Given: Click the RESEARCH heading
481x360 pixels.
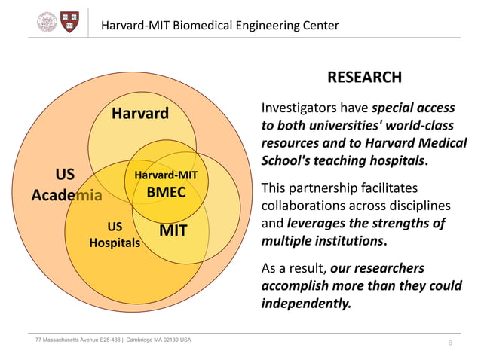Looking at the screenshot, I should (x=364, y=78).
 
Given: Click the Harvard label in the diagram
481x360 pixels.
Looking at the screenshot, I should (x=140, y=114).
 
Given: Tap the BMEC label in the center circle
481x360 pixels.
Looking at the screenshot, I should (x=166, y=192).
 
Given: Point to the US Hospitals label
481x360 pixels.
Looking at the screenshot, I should (x=115, y=234).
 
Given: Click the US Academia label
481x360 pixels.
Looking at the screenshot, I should (x=66, y=185).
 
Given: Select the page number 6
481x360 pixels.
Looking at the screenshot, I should (x=450, y=343).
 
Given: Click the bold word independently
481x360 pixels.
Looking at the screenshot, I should (x=306, y=304).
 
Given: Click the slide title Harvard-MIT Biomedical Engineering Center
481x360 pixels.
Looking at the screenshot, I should (x=220, y=26).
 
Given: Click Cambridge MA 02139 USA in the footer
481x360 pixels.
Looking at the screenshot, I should (x=158, y=340).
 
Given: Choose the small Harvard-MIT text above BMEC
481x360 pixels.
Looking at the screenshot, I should (x=166, y=175).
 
